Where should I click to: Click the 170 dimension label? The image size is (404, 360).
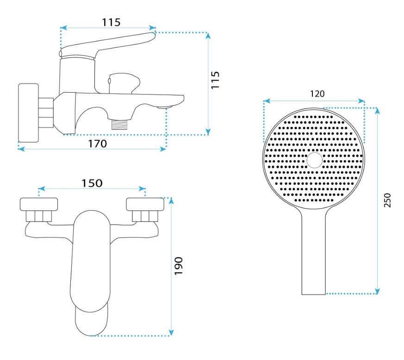click(x=97, y=144)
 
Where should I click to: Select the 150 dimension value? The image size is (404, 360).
click(x=92, y=183)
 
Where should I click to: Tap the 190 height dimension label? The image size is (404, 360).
click(x=179, y=266)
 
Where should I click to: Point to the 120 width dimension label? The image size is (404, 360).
click(x=317, y=94)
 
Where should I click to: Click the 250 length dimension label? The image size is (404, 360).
click(x=387, y=200)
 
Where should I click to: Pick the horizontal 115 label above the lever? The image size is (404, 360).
click(x=111, y=22)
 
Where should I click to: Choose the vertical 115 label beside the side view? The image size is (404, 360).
click(x=215, y=80)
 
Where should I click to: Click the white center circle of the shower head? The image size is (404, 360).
click(x=314, y=160)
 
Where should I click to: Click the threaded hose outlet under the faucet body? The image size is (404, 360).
click(x=119, y=124)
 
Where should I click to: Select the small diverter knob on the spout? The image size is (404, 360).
click(x=124, y=83)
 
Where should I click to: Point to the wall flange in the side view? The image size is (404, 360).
click(x=28, y=113)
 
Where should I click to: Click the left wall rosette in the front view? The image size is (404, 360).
click(x=39, y=204)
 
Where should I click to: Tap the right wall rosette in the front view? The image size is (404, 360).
click(x=145, y=204)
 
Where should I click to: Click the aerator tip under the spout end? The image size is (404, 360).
click(x=165, y=107)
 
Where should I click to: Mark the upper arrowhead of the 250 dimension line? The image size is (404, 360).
click(x=377, y=111)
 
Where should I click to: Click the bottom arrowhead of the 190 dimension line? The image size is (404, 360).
click(x=171, y=333)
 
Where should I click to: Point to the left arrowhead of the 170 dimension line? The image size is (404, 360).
click(x=21, y=149)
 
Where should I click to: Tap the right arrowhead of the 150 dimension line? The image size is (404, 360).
click(x=142, y=189)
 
